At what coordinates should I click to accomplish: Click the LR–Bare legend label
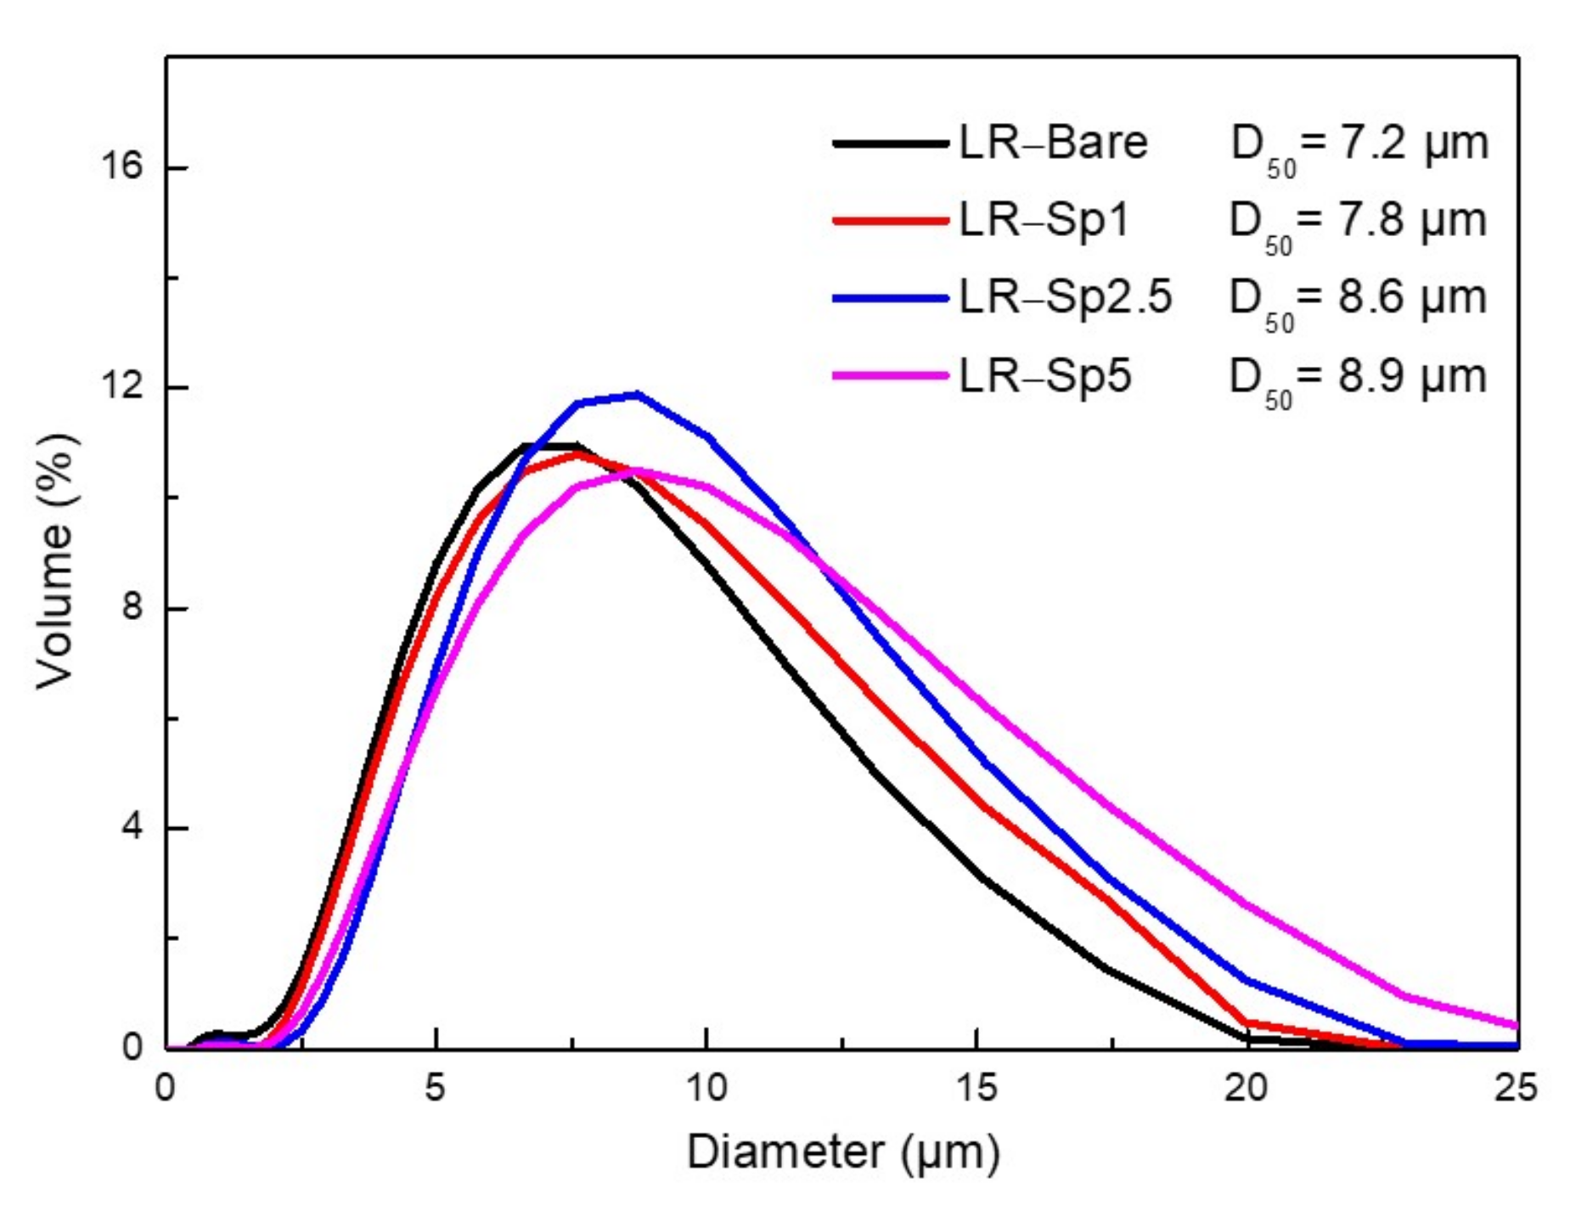1053,143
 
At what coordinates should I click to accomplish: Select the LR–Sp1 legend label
1044,221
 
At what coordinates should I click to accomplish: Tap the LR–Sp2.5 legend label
1065,298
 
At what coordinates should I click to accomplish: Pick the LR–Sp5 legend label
1045,376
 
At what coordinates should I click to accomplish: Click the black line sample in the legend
889,144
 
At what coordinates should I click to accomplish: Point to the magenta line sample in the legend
889,375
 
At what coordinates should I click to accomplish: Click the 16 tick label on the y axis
121,166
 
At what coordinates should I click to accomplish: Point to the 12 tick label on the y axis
121,387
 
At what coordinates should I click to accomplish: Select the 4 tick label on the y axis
132,827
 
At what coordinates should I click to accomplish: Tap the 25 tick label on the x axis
1516,1088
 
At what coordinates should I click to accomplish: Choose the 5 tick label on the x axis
435,1088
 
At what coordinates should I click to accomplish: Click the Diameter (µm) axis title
842,1153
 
